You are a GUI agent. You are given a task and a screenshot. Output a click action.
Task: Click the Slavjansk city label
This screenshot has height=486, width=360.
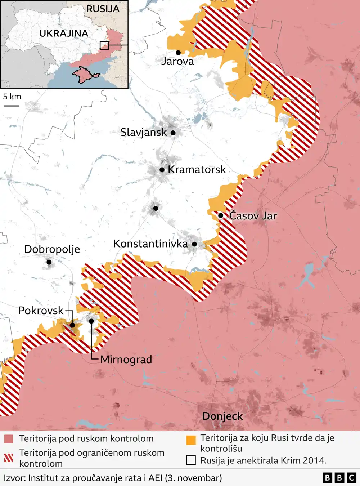(143, 132)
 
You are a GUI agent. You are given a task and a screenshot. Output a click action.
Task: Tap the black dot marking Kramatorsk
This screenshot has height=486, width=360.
(162, 170)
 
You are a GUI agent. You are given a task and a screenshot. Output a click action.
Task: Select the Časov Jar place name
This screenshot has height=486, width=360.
(253, 216)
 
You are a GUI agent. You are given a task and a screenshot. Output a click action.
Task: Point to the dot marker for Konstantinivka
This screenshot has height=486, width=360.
(194, 244)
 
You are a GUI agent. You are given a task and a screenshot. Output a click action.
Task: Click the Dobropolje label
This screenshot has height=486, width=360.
(52, 249)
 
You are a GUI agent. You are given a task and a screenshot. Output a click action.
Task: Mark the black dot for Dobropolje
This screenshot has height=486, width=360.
(49, 262)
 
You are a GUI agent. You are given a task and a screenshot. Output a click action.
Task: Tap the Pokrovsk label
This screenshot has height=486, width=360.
(41, 311)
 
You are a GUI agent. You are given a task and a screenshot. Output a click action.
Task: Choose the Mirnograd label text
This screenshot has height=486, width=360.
(126, 360)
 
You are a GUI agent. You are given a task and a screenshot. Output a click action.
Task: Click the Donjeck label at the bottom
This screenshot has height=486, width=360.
(222, 416)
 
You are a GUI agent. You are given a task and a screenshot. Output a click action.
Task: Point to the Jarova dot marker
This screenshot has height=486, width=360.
(178, 53)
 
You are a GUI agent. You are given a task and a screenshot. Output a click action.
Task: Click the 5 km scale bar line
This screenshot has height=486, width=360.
(12, 106)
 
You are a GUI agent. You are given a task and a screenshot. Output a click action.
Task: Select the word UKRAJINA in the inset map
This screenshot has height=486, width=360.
(64, 34)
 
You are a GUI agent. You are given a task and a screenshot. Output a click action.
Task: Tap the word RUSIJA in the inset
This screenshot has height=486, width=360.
(103, 9)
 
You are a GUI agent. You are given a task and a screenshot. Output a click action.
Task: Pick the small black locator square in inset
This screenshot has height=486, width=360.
(104, 45)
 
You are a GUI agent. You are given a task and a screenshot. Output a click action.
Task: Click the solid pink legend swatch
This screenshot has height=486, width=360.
(9, 439)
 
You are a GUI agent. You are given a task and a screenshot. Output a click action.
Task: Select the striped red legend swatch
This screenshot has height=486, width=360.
(9, 458)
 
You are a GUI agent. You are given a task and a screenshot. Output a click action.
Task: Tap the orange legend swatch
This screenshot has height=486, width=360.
(191, 440)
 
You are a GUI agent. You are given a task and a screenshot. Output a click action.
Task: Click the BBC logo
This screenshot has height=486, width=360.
(339, 478)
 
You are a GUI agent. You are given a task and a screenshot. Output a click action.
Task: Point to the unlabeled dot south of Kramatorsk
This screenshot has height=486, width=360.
(156, 208)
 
